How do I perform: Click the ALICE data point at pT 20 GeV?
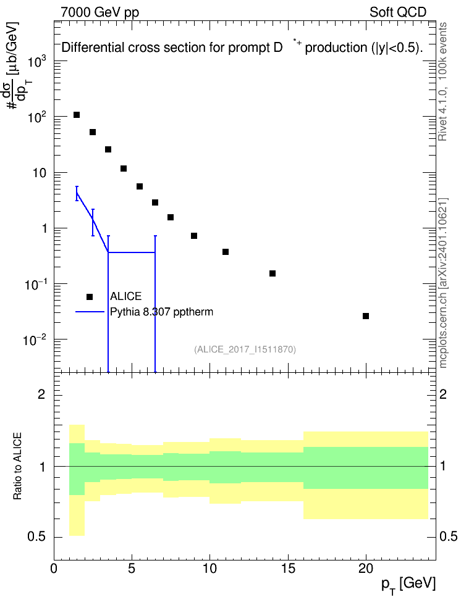pyautogui.click(x=366, y=316)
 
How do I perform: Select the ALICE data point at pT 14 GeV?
pyautogui.click(x=273, y=273)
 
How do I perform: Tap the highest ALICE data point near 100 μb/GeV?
pyautogui.click(x=77, y=115)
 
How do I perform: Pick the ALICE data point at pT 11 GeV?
pyautogui.click(x=226, y=252)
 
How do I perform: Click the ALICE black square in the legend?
pyautogui.click(x=90, y=297)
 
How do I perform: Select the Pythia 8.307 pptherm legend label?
pyautogui.click(x=161, y=312)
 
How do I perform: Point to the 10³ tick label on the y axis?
pyautogui.click(x=37, y=61)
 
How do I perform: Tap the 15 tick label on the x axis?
pyautogui.click(x=288, y=569)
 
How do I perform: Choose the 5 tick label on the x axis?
pyautogui.click(x=132, y=569)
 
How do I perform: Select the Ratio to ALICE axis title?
pyautogui.click(x=17, y=466)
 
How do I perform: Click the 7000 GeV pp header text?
pyautogui.click(x=99, y=12)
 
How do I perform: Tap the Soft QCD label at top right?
pyautogui.click(x=398, y=12)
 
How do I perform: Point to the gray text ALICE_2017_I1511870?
pyautogui.click(x=245, y=349)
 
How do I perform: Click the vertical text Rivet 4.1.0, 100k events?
pyautogui.click(x=442, y=81)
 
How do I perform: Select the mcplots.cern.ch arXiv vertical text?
pyautogui.click(x=443, y=283)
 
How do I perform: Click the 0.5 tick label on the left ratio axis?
pyautogui.click(x=36, y=537)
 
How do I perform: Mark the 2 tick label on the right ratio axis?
pyautogui.click(x=443, y=394)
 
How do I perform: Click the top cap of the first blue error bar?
pyautogui.click(x=77, y=186)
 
